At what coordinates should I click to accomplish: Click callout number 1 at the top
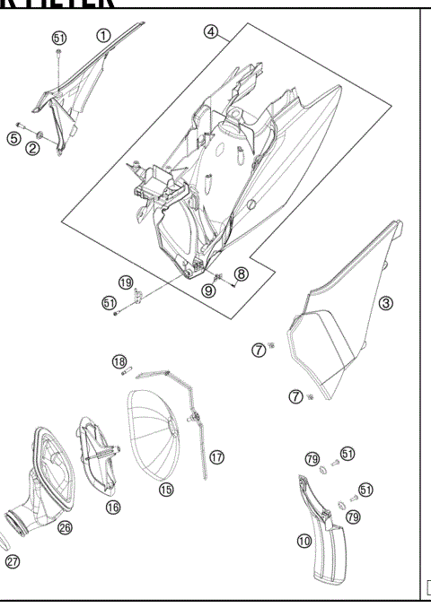[103, 36]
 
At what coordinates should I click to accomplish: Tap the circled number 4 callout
[211, 31]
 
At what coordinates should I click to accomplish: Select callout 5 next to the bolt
[13, 138]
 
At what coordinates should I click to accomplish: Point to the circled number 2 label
[32, 149]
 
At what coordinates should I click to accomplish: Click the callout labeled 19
[126, 282]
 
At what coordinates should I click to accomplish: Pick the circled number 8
[241, 273]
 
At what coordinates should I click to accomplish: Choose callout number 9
[208, 291]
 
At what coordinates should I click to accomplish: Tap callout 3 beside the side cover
[385, 303]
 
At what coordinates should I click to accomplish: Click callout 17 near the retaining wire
[216, 456]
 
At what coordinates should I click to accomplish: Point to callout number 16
[112, 507]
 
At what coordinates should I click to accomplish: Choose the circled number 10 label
[304, 541]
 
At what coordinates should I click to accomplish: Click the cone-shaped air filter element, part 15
[157, 430]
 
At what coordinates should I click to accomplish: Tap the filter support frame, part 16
[99, 453]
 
